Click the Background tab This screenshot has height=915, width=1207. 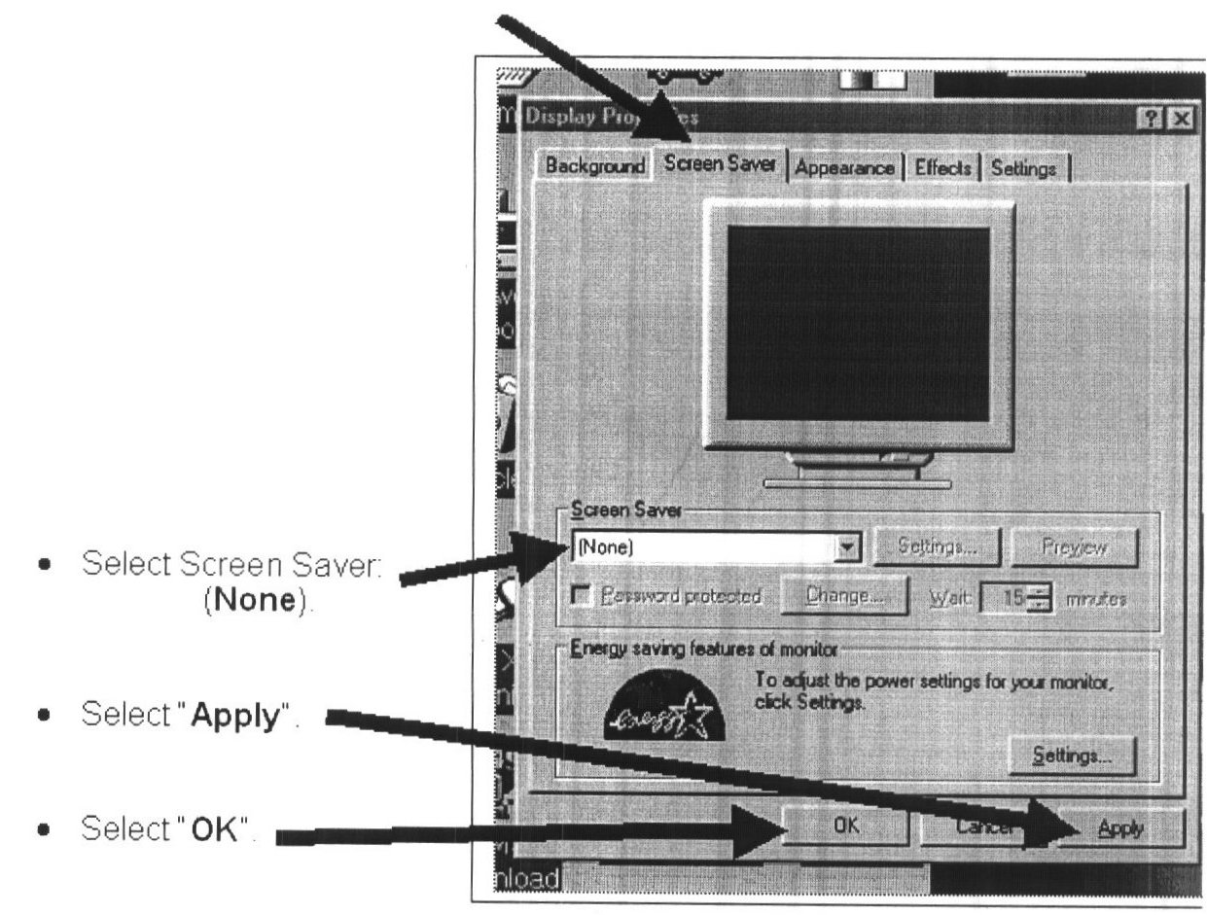(x=593, y=166)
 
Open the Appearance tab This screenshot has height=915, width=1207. (x=844, y=167)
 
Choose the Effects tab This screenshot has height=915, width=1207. (x=942, y=167)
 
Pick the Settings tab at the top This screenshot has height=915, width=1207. (x=1022, y=167)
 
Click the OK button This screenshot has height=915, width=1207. (x=843, y=827)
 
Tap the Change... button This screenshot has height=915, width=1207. (x=843, y=593)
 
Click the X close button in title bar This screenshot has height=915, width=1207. (x=1180, y=119)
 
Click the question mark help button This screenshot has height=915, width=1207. (x=1156, y=119)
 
